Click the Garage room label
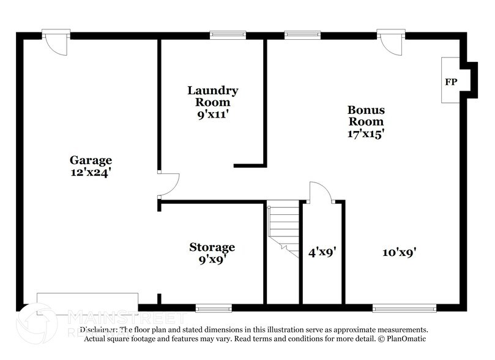(90, 160)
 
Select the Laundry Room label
(212, 96)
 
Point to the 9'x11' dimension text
(212, 113)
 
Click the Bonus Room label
(366, 116)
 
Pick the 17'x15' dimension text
(366, 133)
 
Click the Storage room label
(212, 247)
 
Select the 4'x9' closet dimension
(323, 251)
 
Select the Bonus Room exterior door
(389, 42)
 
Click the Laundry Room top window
(228, 35)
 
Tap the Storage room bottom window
(214, 307)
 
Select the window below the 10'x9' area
(404, 307)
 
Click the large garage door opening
(87, 304)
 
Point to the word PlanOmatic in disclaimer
(403, 339)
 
